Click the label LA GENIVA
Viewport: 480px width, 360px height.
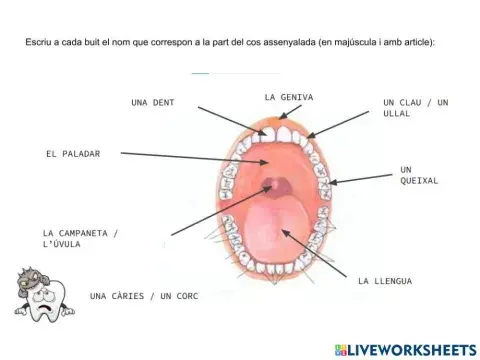289,97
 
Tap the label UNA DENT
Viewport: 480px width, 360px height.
152,102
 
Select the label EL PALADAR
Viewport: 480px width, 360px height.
72,154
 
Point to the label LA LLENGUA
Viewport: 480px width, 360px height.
385,281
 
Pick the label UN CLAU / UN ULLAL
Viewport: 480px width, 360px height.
416,107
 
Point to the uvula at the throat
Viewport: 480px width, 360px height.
276,185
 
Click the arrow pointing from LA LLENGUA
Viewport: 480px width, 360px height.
318,253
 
